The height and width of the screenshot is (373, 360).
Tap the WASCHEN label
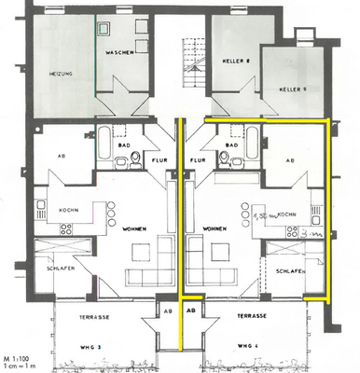[120, 52]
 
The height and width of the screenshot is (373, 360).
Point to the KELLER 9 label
[291, 90]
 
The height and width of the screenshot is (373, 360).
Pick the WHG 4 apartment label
[247, 347]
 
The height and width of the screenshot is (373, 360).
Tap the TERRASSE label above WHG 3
[93, 317]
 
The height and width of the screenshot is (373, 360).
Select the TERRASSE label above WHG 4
[247, 317]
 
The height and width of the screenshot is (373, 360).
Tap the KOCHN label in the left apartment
[68, 210]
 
